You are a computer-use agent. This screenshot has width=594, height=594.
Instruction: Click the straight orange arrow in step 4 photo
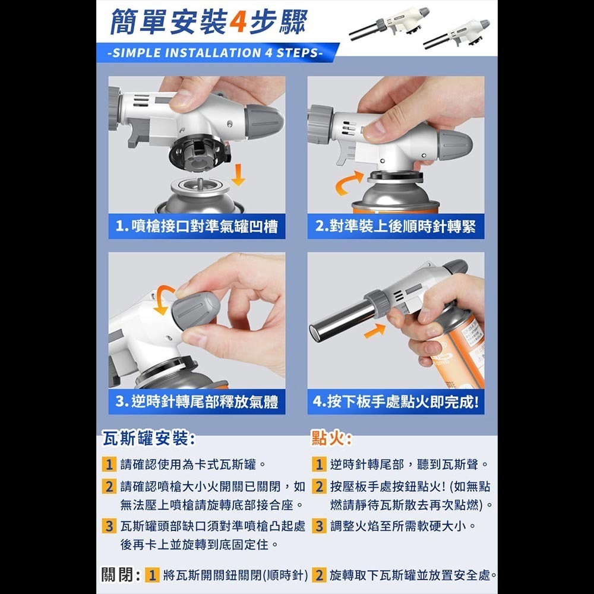(374, 330)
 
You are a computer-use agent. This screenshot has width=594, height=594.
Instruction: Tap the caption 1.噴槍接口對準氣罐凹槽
(197, 226)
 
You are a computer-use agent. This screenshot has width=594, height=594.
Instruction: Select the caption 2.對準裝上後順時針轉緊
(396, 226)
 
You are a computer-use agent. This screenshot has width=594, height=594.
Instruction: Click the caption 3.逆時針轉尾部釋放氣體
(197, 402)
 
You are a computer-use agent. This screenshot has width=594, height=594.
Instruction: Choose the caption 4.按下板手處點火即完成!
(396, 402)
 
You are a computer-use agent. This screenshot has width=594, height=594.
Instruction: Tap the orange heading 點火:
(331, 439)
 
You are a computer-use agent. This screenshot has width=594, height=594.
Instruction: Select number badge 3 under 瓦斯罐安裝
(108, 526)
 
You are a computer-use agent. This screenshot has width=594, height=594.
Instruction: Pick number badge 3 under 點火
(319, 526)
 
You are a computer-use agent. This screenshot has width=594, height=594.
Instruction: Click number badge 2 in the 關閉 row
(319, 575)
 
